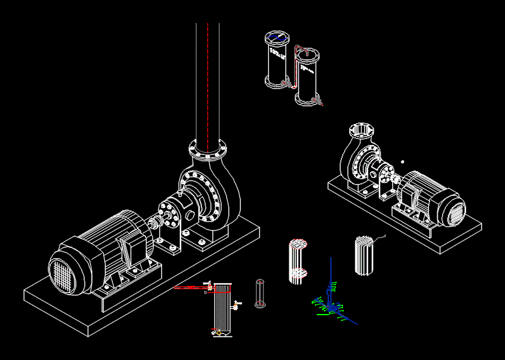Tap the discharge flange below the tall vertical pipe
coord(207,151)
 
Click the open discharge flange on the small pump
coord(362,130)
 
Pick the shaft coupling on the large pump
coord(156,223)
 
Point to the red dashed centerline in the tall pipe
coord(207,83)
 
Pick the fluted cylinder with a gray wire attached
coord(364,255)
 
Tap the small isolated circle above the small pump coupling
coord(403,162)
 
